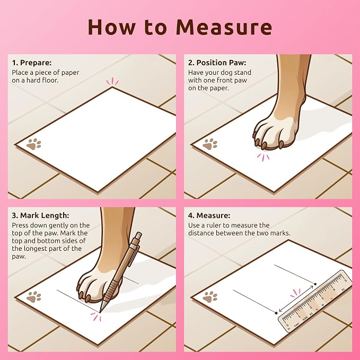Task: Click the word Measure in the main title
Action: coord(224,27)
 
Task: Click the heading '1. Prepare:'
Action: coord(32,63)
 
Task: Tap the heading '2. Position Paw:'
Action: coord(217,63)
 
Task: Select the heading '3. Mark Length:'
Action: coord(40,215)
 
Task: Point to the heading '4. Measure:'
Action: coord(209,215)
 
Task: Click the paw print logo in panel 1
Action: coord(33,144)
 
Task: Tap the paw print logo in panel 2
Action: coord(210,144)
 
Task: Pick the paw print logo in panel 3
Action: coord(33,296)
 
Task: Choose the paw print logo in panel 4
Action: coord(210,296)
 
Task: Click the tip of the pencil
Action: coord(100,312)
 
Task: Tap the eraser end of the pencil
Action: coord(139,236)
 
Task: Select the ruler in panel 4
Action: coord(315,301)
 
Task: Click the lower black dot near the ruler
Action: coord(276,313)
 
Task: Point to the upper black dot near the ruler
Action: coord(315,284)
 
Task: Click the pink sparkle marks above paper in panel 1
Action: coord(112,81)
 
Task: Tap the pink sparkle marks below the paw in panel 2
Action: coord(263,157)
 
